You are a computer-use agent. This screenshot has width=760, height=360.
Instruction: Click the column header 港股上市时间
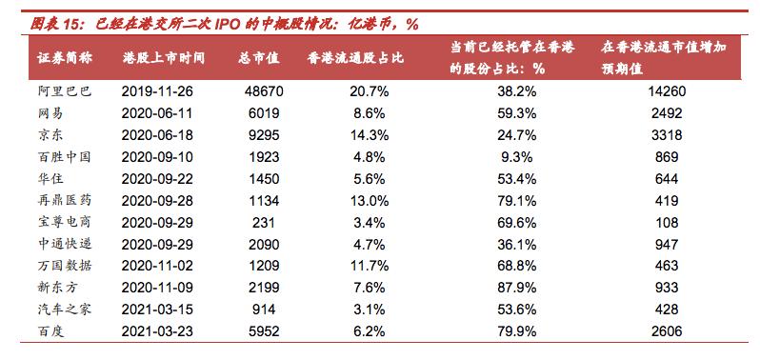[163, 58]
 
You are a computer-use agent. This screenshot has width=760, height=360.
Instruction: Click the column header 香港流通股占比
[355, 58]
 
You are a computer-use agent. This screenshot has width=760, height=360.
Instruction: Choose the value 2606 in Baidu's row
[666, 330]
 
